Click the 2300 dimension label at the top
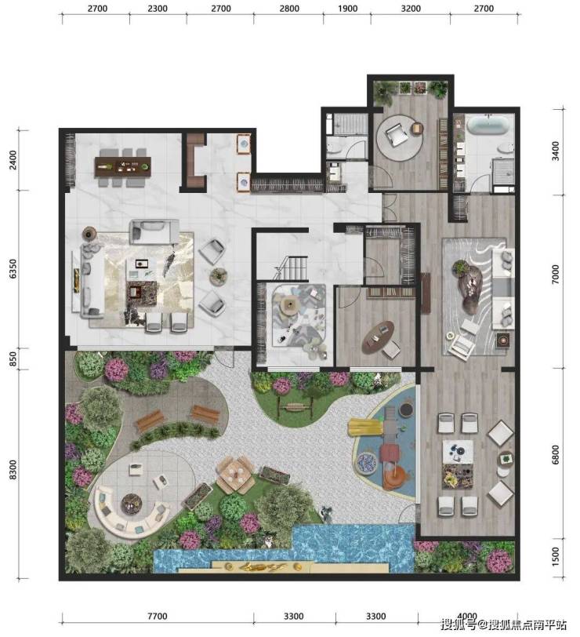(x=158, y=9)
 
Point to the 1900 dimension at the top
(x=348, y=9)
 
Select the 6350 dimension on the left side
(x=13, y=268)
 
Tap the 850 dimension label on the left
(x=13, y=359)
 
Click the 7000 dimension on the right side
(x=555, y=275)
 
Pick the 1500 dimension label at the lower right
(x=555, y=556)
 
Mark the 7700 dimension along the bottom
(x=157, y=617)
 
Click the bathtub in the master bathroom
(x=487, y=125)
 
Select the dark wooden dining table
(x=122, y=166)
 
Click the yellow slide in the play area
(x=364, y=428)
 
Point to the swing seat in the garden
(x=295, y=406)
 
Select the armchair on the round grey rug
(x=397, y=134)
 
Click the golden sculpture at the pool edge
(x=263, y=566)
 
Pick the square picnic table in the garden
(x=235, y=474)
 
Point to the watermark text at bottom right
(x=504, y=624)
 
